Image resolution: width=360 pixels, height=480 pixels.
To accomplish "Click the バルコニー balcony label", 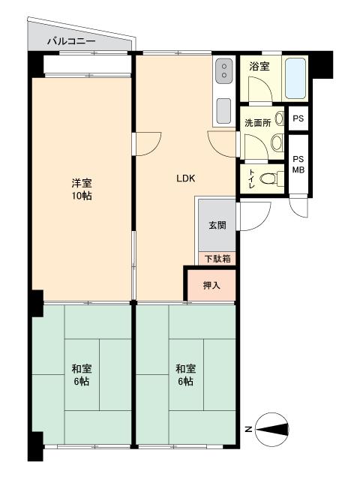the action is (71, 40).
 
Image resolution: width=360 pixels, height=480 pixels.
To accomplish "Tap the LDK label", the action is (186, 178).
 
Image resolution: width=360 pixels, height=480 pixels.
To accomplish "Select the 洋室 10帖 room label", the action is (82, 190).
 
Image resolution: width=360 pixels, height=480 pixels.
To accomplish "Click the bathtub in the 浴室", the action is (295, 78).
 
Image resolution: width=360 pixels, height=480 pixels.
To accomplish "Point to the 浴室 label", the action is (259, 66).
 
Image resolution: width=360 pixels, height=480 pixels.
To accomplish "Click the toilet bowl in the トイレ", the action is (268, 178).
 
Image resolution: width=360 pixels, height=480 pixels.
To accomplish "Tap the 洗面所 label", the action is (258, 123).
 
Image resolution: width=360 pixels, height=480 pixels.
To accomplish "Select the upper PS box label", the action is (298, 118).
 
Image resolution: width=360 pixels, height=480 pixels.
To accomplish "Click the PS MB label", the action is (298, 164).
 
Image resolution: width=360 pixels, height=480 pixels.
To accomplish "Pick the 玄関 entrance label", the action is (217, 225).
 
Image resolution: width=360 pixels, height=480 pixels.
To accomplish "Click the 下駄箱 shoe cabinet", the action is (217, 259).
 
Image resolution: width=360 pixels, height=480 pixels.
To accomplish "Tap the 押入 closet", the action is (211, 285).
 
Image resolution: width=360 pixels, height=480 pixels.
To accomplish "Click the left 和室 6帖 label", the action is (82, 375).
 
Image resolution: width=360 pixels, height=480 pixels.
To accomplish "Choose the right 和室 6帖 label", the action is (185, 375).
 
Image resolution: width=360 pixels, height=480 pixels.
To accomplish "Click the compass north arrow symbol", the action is (272, 429).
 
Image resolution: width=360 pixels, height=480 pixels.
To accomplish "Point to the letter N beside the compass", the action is (248, 430).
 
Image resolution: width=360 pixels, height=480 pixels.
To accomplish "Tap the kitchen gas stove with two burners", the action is (224, 70).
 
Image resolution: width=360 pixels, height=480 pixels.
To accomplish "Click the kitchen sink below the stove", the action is (223, 111).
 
